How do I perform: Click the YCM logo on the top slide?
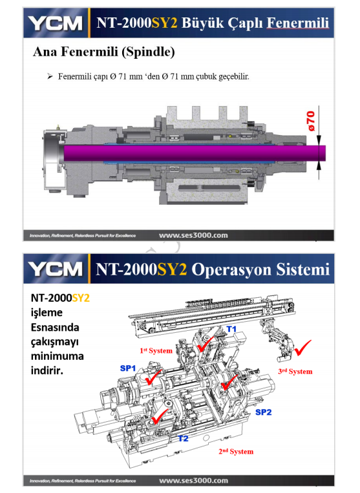56,23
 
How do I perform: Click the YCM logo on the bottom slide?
56,269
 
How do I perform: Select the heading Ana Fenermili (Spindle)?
104,52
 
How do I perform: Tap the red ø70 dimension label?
311,121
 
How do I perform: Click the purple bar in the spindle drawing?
195,153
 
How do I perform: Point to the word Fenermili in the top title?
298,23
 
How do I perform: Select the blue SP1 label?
128,368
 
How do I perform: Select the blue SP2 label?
263,412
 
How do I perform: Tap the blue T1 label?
231,329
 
